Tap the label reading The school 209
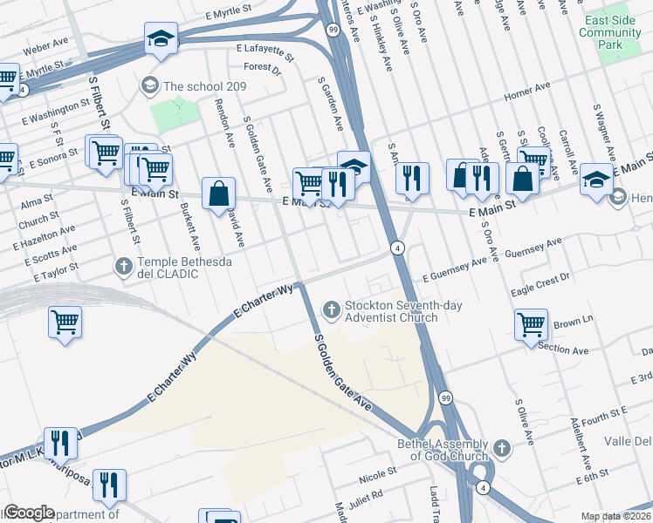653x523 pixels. pos(204,86)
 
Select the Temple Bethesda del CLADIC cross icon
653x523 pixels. pos(124,265)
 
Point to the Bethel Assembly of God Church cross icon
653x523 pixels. pos(501,448)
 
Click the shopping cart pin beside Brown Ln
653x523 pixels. pos(531,325)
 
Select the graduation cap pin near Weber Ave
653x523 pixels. pos(162,38)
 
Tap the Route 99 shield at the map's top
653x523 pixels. pos(333,29)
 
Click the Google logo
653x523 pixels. pos(28,512)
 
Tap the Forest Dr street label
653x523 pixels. pos(263,66)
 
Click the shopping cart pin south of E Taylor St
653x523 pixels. pos(65,323)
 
